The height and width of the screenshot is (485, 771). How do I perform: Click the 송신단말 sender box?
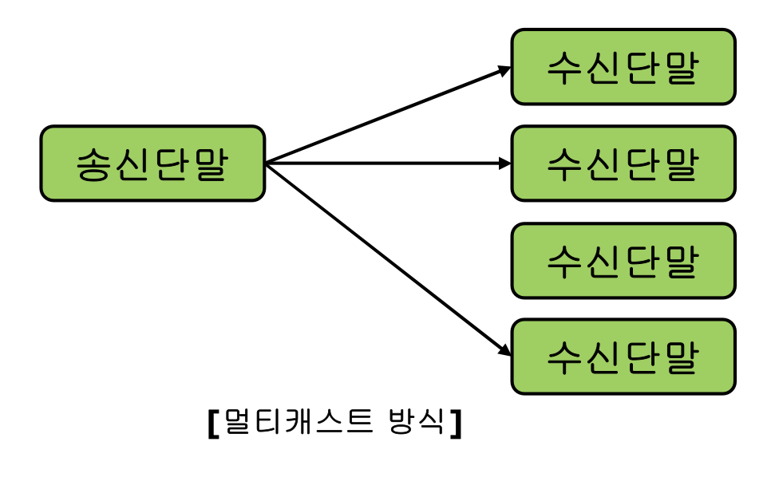pos(152,164)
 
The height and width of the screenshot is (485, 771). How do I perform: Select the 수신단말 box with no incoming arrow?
pos(623,261)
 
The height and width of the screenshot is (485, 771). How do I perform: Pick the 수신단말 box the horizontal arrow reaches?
pos(623,164)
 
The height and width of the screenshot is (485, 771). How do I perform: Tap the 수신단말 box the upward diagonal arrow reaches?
pos(623,67)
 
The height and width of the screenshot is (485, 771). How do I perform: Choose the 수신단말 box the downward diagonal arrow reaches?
pos(623,357)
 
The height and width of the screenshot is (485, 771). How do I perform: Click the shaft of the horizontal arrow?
pos(383,164)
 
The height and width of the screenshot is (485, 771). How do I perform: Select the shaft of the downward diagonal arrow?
pos(383,257)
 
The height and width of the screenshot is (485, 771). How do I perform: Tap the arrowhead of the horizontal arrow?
pos(504,164)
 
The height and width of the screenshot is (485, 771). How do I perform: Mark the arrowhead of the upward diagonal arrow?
pos(504,69)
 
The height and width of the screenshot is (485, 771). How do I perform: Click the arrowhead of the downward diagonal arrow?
pos(504,351)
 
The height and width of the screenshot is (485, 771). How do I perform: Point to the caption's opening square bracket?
pos(212,423)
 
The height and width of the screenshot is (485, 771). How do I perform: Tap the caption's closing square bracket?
pos(456,423)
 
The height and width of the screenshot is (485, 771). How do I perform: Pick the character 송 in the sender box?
pos(94,164)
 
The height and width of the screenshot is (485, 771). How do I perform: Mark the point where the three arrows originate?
pos(266,164)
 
